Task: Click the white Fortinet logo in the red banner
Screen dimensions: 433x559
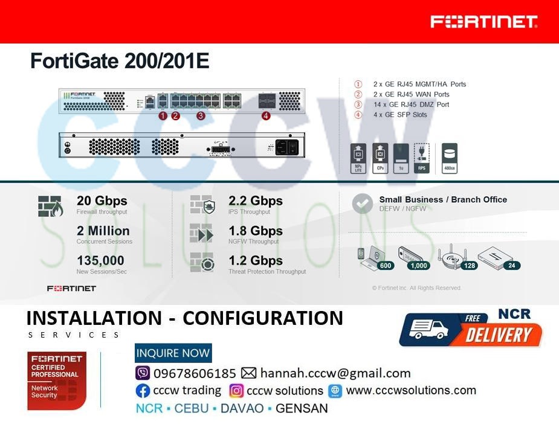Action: pos(483,22)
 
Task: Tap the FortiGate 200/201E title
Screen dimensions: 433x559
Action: pos(120,62)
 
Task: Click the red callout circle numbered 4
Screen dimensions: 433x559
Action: pos(266,116)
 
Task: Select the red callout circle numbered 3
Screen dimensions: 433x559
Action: pos(201,116)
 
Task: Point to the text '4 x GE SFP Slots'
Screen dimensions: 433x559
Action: pos(399,115)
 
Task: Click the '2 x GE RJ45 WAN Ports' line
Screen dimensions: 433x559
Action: pos(411,94)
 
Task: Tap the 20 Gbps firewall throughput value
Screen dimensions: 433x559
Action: pos(102,201)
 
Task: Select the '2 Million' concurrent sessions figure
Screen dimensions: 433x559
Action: pos(103,231)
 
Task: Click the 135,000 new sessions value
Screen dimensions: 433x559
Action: pos(100,260)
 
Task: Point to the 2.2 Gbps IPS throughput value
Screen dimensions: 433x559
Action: pos(255,201)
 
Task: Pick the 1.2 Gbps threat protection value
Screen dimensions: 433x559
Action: pos(255,260)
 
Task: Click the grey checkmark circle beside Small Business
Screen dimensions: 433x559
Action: pos(363,204)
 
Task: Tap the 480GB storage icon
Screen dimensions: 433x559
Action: pos(450,158)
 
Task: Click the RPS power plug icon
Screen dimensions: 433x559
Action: pos(421,158)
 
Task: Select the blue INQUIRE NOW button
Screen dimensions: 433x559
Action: pos(173,353)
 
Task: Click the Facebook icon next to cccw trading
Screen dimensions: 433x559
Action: pos(143,391)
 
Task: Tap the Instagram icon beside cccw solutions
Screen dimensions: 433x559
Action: pos(236,391)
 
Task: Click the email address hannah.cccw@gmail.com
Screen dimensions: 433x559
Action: pos(335,373)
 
